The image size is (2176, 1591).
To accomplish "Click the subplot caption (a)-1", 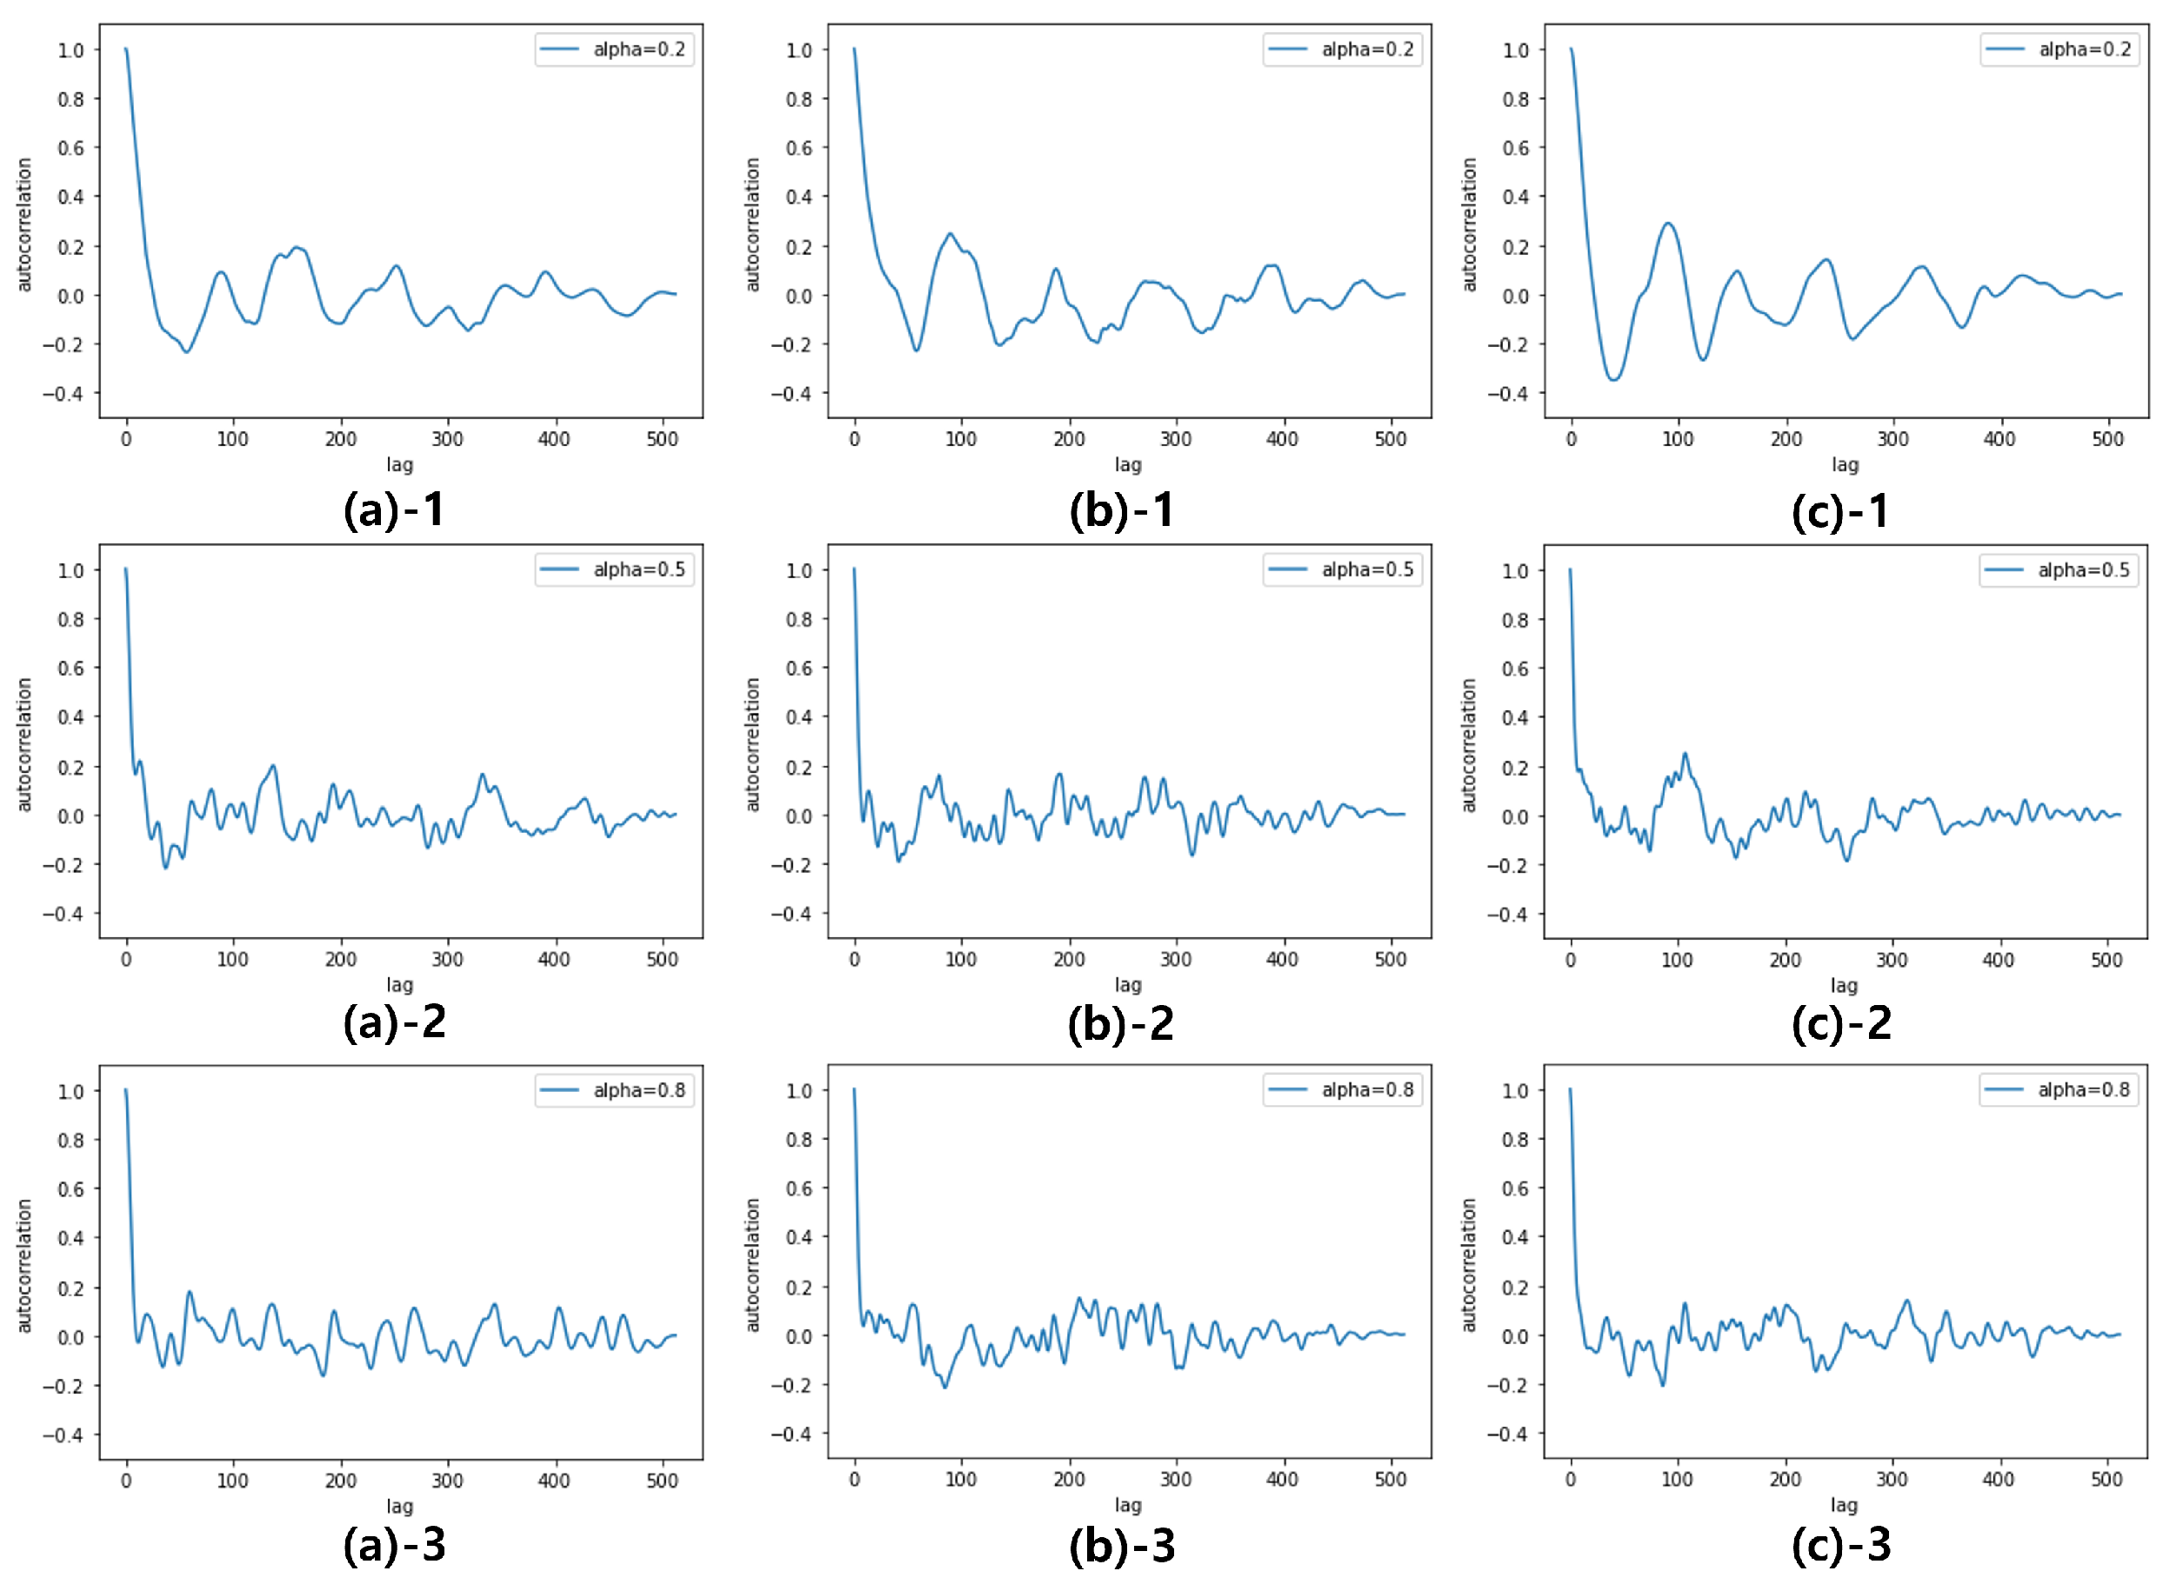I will tap(394, 509).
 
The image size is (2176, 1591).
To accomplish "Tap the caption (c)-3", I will tap(1841, 1544).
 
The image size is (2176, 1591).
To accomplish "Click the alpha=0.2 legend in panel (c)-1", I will tap(2059, 49).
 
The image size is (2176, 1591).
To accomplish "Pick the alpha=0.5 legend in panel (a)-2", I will tap(615, 569).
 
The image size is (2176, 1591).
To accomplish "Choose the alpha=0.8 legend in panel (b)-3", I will tap(1342, 1089).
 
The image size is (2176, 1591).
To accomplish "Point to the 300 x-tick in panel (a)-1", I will tap(447, 439).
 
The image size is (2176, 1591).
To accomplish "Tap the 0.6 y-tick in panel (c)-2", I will tap(1515, 669).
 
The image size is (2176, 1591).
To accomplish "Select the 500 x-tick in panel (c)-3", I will tap(2106, 1480).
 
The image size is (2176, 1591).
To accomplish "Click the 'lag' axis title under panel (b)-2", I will tap(1128, 984).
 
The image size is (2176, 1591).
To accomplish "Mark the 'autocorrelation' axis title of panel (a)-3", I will tap(24, 1266).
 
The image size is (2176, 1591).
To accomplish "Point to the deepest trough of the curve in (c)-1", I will tap(1613, 379).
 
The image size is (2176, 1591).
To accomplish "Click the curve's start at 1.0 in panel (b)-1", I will tap(854, 49).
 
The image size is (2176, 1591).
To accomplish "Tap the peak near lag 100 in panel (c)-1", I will tap(1668, 223).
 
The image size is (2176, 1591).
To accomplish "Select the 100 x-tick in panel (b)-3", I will tap(960, 1480).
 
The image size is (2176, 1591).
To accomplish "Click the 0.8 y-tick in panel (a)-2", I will tap(70, 619).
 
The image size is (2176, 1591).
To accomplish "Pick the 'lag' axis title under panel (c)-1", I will tap(1845, 464).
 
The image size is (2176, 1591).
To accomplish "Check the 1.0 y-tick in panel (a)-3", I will tap(70, 1091).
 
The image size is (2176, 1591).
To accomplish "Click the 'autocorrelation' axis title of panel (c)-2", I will tap(1468, 745).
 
